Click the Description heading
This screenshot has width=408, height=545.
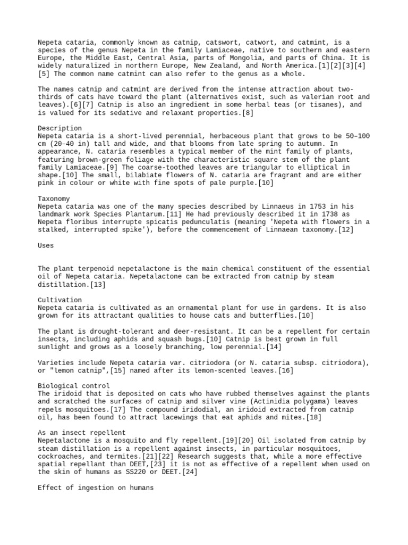coord(60,128)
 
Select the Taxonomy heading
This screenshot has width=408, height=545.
coord(54,198)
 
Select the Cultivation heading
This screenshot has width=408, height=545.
coord(60,300)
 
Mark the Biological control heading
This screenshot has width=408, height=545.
coord(74,386)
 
